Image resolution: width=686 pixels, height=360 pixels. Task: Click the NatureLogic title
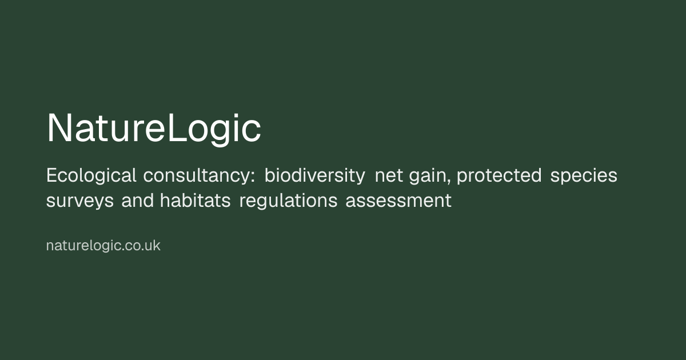[154, 129]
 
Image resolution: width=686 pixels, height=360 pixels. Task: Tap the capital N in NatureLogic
[59, 127]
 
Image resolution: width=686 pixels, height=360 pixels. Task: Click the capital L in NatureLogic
[177, 127]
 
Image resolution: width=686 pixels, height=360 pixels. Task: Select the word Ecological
[91, 176]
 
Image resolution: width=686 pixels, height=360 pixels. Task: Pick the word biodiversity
[315, 176]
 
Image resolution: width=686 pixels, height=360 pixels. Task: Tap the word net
[389, 177]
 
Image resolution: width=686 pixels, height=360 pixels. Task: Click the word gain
[428, 177]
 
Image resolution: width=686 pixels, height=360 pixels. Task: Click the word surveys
[80, 202]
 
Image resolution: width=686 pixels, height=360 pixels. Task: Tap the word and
[138, 201]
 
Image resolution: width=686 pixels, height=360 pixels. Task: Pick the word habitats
[195, 201]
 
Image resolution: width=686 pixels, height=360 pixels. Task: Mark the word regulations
[288, 201]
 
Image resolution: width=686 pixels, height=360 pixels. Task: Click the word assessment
[398, 201]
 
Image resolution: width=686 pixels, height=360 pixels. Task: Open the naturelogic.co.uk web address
[103, 246]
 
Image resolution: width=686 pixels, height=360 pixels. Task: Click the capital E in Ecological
[51, 176]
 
